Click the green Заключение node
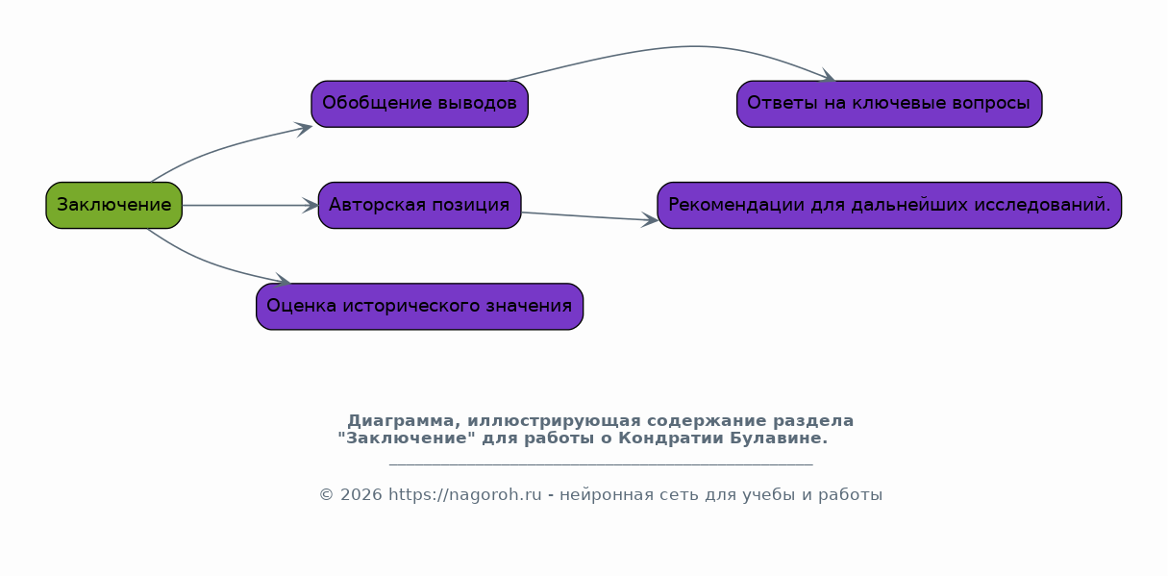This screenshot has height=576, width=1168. (x=113, y=205)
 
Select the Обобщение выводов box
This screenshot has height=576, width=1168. (x=420, y=104)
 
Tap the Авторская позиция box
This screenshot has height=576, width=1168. (x=420, y=205)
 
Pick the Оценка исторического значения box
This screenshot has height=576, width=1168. (x=420, y=306)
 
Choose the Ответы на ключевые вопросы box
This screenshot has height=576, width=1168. (x=889, y=104)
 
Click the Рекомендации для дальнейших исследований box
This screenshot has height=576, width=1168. (x=889, y=205)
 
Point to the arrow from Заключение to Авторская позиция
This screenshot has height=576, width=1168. (x=250, y=205)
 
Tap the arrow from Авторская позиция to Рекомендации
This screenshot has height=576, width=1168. (x=589, y=216)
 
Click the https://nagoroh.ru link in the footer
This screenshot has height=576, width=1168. (x=465, y=494)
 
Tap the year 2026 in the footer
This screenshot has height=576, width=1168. (x=361, y=494)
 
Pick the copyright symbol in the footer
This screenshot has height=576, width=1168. (x=327, y=494)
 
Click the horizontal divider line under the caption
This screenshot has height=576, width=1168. (x=601, y=463)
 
